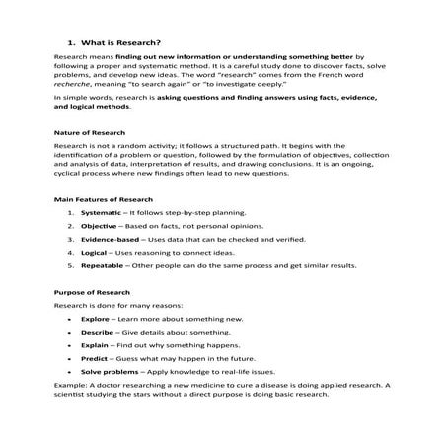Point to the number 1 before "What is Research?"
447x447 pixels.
[x=70, y=43]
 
